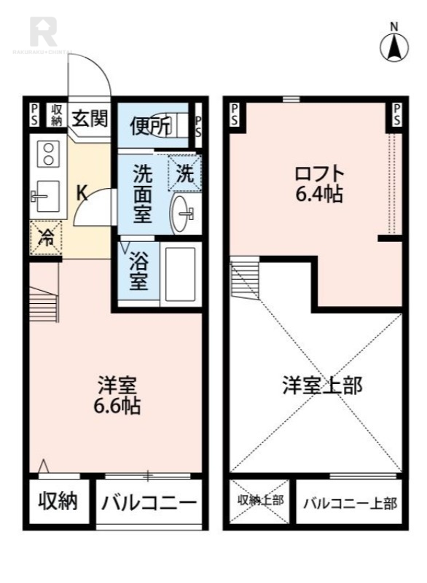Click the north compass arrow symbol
click(x=395, y=47)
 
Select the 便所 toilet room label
click(x=150, y=126)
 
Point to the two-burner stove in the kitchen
click(x=49, y=154)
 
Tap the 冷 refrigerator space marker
click(x=46, y=237)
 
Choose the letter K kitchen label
click(x=82, y=193)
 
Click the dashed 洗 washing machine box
click(x=186, y=173)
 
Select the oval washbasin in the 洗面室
click(x=183, y=213)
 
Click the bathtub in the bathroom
click(x=179, y=275)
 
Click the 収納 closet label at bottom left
click(x=58, y=502)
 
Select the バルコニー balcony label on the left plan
click(x=149, y=503)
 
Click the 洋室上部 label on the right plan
click(x=321, y=386)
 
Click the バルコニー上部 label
click(x=349, y=503)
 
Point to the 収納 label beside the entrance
click(x=57, y=114)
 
